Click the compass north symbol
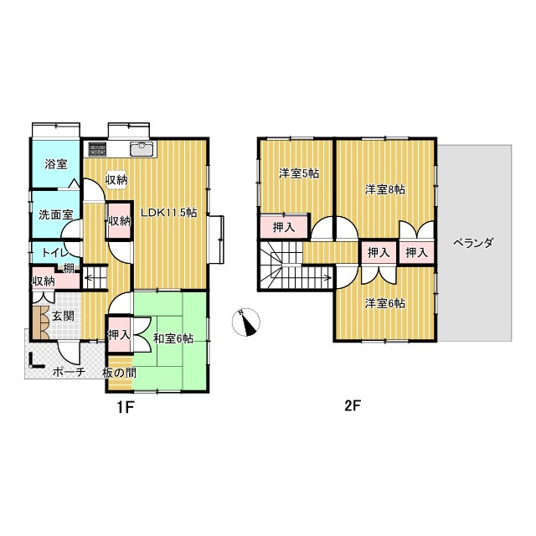245,322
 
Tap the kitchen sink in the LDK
142,149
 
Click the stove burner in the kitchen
97,149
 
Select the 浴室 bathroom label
56,164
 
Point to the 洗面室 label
56,214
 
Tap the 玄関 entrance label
63,316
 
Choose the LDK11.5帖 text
169,213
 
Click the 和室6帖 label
173,338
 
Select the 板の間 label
119,373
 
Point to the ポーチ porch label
69,372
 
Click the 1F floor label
124,407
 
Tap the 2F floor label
353,406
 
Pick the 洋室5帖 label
299,173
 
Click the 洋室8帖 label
385,189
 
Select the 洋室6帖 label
385,303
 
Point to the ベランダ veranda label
473,243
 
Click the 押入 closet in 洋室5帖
285,227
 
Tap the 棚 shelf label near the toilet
69,269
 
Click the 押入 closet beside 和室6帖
119,335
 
